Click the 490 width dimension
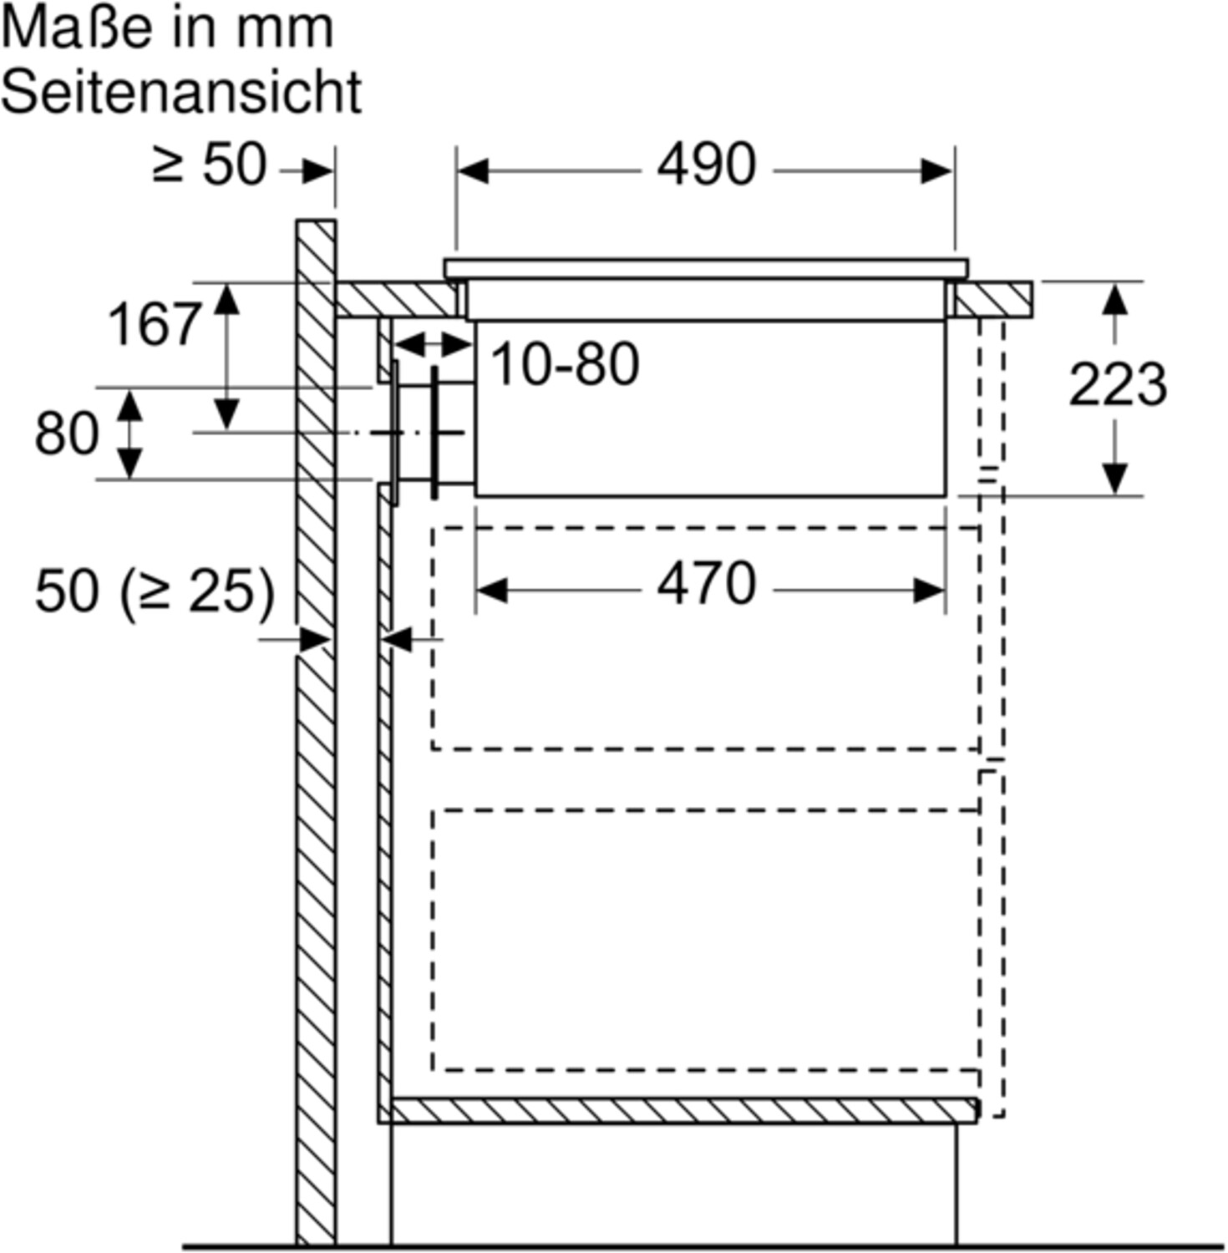click(x=706, y=165)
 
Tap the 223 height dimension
click(x=1118, y=385)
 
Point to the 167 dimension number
click(x=155, y=324)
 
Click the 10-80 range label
click(x=566, y=364)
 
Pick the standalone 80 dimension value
click(x=67, y=434)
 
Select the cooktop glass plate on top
click(x=706, y=268)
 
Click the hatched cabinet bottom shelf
click(x=683, y=1110)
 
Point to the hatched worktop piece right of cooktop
click(x=994, y=300)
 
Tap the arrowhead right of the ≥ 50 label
click(x=317, y=171)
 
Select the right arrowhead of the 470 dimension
click(x=929, y=591)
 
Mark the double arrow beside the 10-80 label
click(x=432, y=343)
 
